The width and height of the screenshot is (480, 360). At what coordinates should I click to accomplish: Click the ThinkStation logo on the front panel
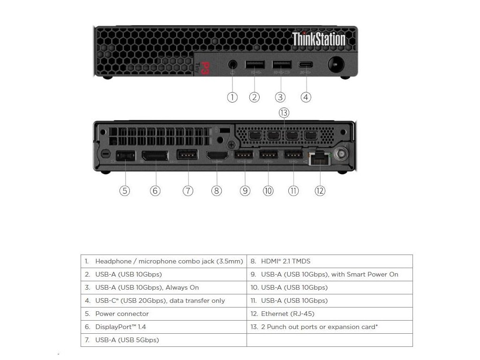point(319,39)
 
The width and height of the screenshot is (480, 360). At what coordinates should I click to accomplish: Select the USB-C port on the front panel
point(306,65)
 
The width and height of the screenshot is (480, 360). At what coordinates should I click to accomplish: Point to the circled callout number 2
point(254,97)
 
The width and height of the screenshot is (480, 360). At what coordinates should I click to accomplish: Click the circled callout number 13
point(284,112)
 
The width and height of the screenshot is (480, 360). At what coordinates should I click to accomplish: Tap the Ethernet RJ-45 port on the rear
point(320,158)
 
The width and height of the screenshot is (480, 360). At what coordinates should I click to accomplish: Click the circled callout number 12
point(320,191)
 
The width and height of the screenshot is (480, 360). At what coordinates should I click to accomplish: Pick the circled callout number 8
point(216,191)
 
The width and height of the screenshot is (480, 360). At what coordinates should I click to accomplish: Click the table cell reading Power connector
point(122,314)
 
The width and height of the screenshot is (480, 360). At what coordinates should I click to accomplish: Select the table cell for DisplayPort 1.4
point(124,327)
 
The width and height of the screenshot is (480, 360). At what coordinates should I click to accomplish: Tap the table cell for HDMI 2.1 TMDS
point(285,261)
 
